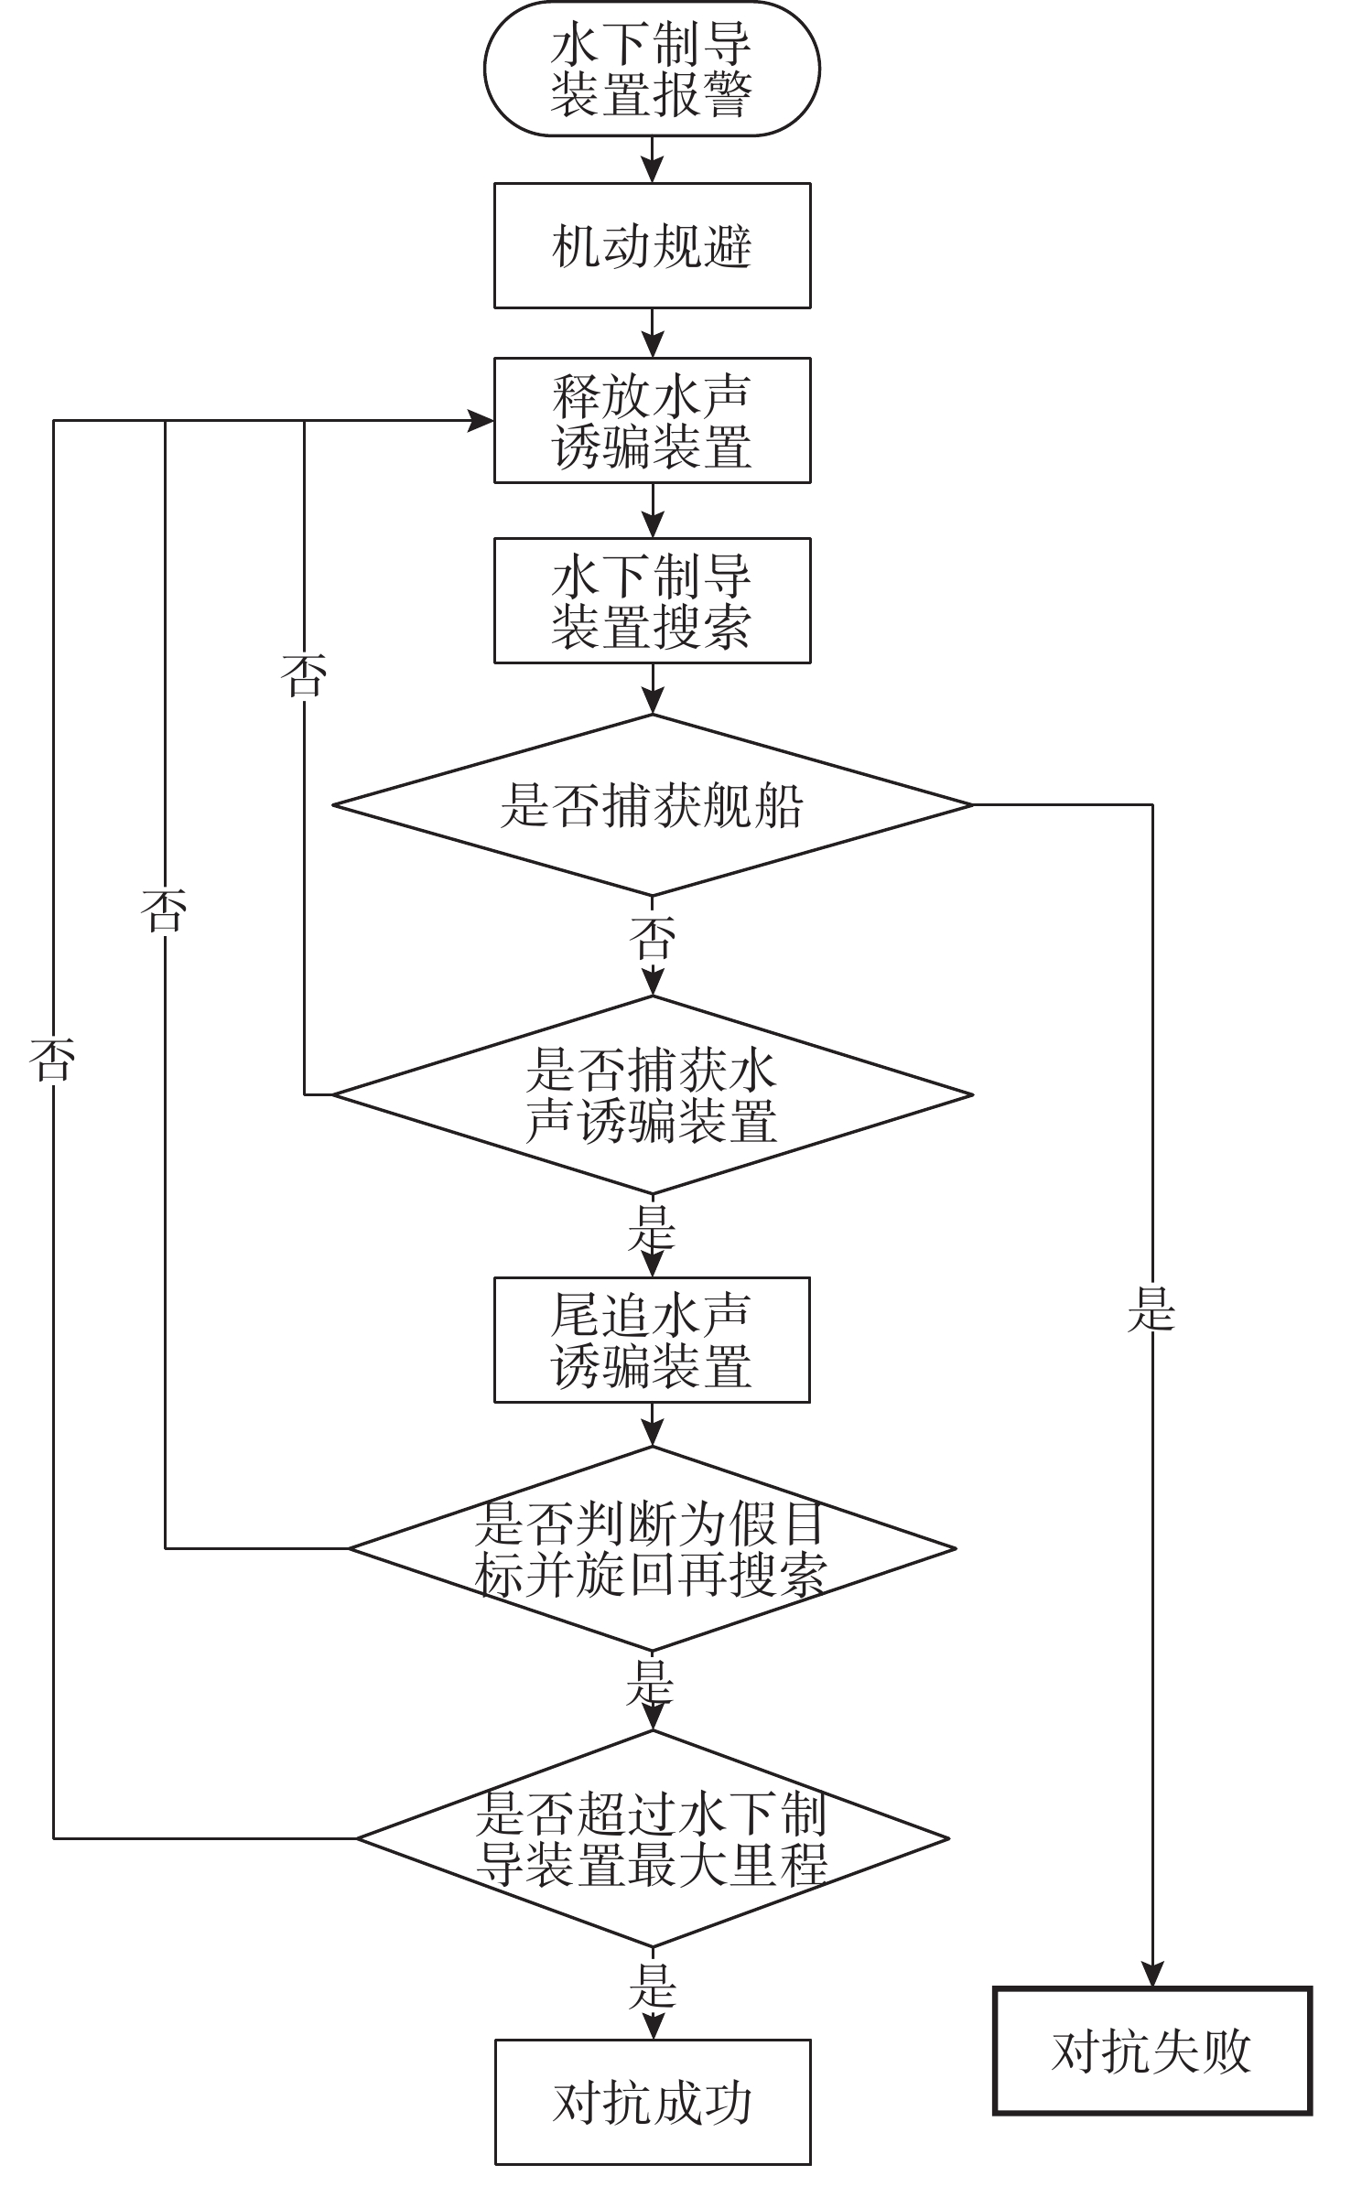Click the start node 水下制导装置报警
point(652,69)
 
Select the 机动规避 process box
point(652,245)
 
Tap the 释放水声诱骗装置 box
point(652,420)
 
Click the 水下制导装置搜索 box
point(652,600)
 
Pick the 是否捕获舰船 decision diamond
point(652,805)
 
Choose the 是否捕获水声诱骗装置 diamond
point(652,1094)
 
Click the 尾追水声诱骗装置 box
point(652,1340)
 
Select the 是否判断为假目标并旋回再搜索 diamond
point(652,1548)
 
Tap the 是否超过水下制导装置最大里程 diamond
point(652,1837)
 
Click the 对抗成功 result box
point(652,2102)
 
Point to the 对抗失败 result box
point(1151,2052)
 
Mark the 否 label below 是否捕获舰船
point(653,938)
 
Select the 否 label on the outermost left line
point(52,1060)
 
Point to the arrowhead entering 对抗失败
point(1152,1975)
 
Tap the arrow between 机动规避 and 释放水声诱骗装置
point(652,334)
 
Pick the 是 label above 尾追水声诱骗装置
point(652,1229)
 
